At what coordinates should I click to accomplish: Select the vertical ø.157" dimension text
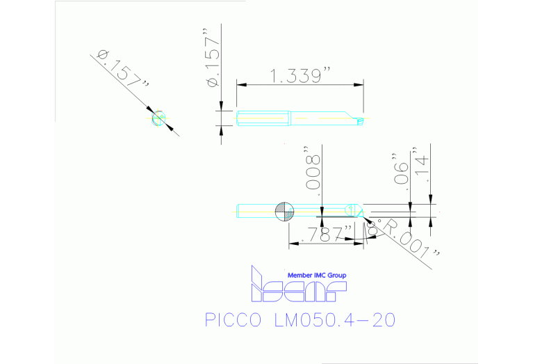point(213,61)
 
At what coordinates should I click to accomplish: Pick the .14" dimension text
point(420,164)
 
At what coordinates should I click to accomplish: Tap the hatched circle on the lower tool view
point(284,211)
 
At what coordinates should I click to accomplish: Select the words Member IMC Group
point(317,276)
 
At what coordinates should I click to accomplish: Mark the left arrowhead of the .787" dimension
point(293,243)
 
